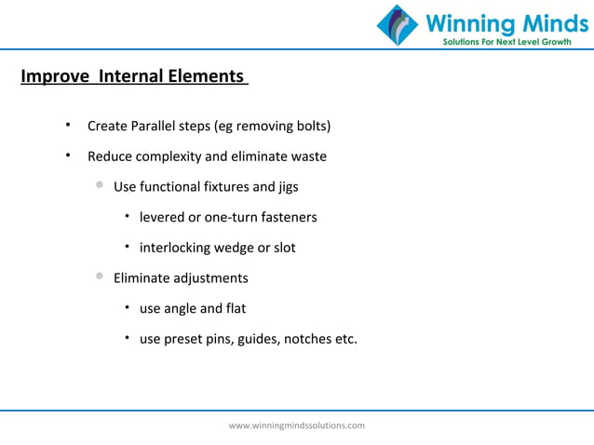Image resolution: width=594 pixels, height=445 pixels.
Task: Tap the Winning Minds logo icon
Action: [398, 25]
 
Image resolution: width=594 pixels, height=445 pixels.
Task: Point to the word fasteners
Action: [289, 217]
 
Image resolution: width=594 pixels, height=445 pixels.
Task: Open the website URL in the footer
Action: [297, 425]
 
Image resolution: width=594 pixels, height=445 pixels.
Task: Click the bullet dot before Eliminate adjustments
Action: [100, 277]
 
